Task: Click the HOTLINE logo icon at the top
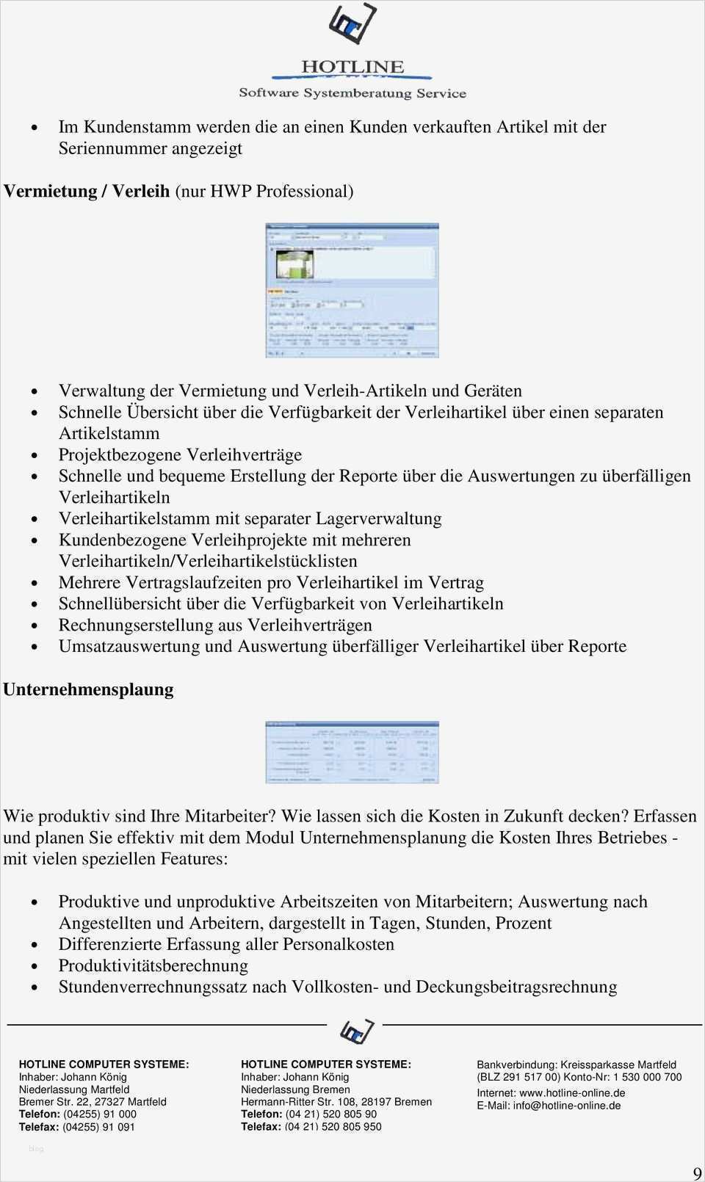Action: click(x=352, y=26)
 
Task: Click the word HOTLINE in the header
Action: click(x=352, y=67)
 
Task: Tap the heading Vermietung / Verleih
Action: click(x=87, y=192)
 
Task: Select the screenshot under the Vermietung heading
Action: click(x=352, y=290)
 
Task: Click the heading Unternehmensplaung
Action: click(x=88, y=689)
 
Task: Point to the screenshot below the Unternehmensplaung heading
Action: click(x=352, y=752)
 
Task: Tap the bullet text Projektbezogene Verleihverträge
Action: click(x=180, y=454)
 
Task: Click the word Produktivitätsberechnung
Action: click(x=153, y=965)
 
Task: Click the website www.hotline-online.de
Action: click(x=572, y=1092)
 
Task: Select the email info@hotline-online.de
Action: click(x=566, y=1105)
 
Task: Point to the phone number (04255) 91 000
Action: click(x=99, y=1114)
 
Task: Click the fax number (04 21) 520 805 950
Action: click(x=333, y=1126)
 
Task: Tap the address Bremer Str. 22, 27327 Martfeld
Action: click(x=93, y=1101)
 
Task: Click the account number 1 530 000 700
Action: click(x=647, y=1077)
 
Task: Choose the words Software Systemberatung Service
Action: click(x=352, y=93)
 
